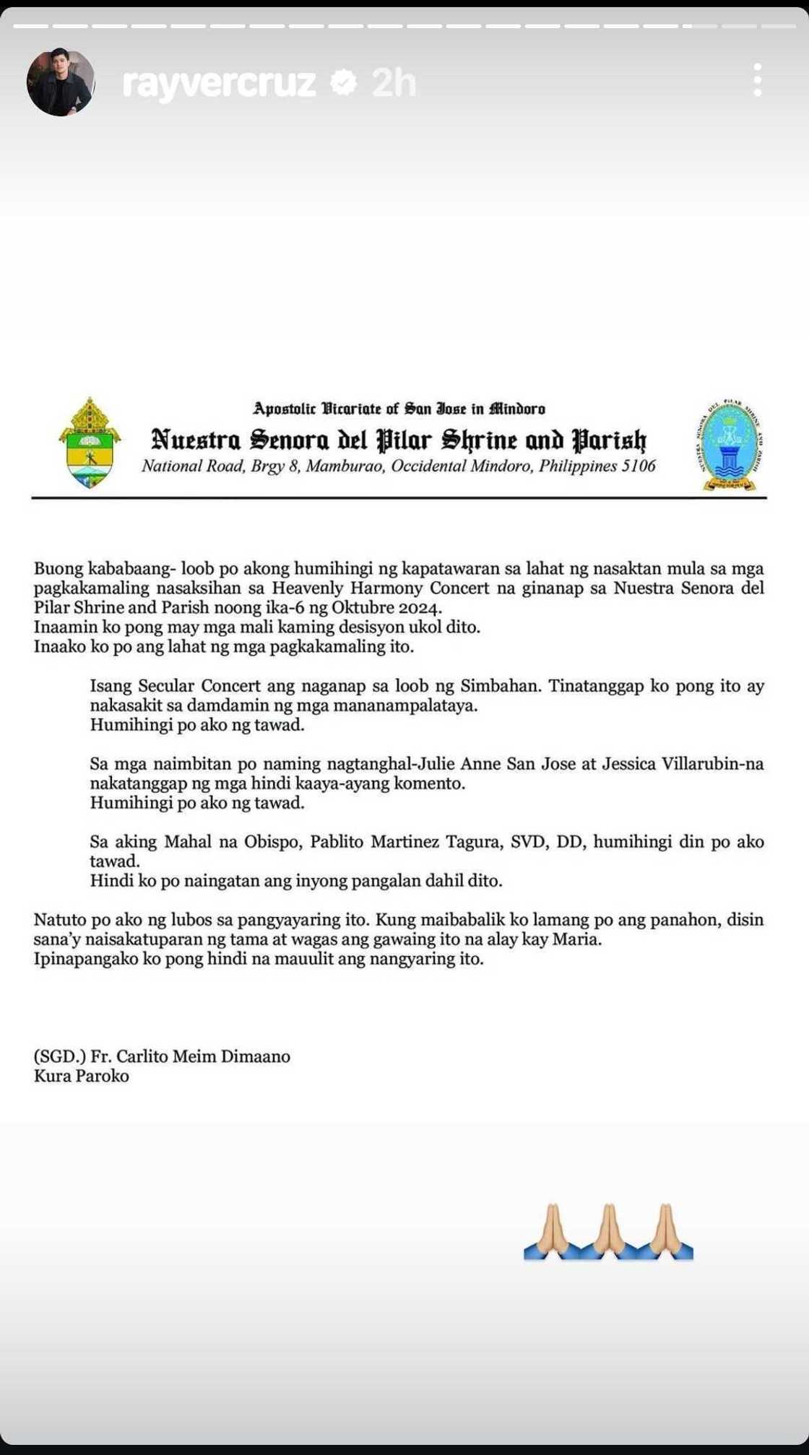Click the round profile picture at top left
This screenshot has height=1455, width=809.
(x=61, y=82)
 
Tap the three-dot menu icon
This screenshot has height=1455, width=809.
(x=757, y=80)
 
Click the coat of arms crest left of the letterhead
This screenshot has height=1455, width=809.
(x=90, y=443)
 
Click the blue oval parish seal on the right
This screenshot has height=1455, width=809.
(x=730, y=444)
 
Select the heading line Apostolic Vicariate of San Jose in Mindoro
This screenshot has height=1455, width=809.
(x=399, y=409)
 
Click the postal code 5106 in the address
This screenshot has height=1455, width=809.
(x=638, y=466)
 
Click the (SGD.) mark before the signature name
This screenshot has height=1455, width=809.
(x=60, y=1056)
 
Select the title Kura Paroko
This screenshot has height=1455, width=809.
(x=82, y=1076)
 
